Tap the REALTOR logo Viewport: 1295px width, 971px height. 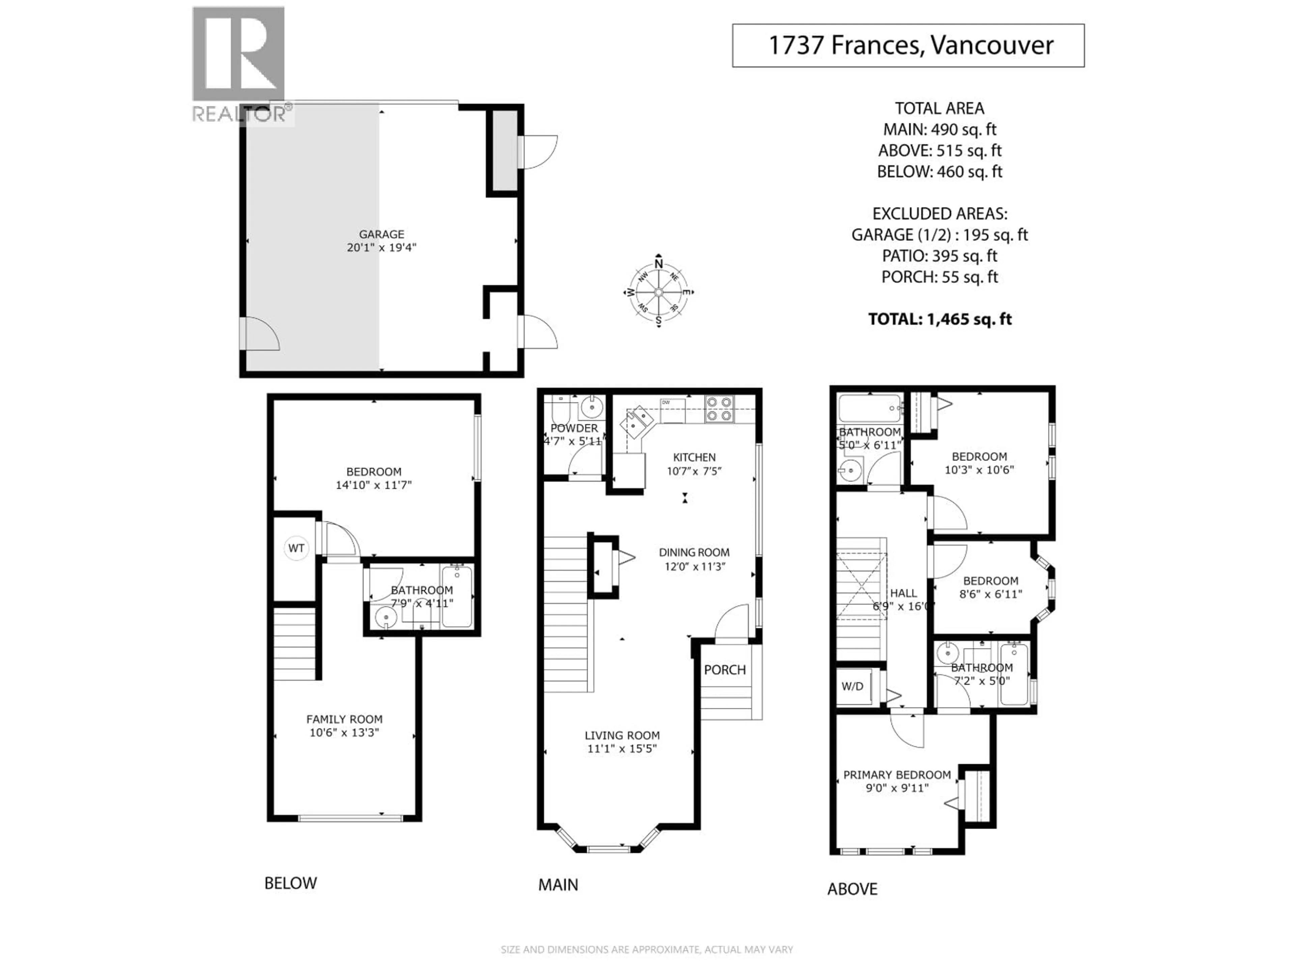(x=239, y=64)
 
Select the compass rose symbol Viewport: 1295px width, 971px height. (x=659, y=292)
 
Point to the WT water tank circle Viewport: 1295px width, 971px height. (x=296, y=549)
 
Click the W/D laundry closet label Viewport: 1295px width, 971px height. (x=853, y=686)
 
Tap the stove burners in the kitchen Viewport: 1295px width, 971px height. (x=719, y=409)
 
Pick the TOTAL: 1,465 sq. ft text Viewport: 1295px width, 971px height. (x=940, y=319)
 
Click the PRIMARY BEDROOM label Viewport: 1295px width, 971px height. (x=897, y=775)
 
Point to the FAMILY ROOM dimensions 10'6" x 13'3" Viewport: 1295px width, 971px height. (x=344, y=733)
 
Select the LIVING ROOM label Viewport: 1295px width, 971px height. (x=622, y=736)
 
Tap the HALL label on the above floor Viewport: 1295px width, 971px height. (x=903, y=593)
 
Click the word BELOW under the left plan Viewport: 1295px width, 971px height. (x=290, y=883)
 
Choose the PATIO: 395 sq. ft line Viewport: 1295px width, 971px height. (x=940, y=256)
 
